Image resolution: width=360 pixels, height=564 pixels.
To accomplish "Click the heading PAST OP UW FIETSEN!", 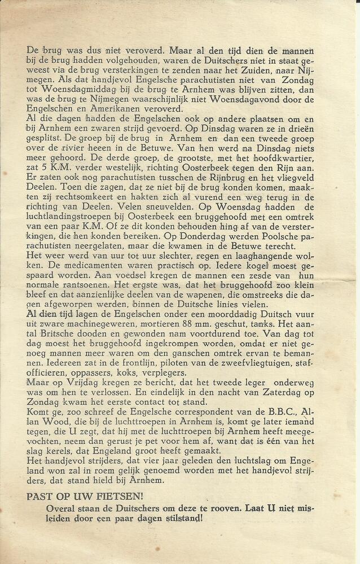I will pos(85,496).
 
